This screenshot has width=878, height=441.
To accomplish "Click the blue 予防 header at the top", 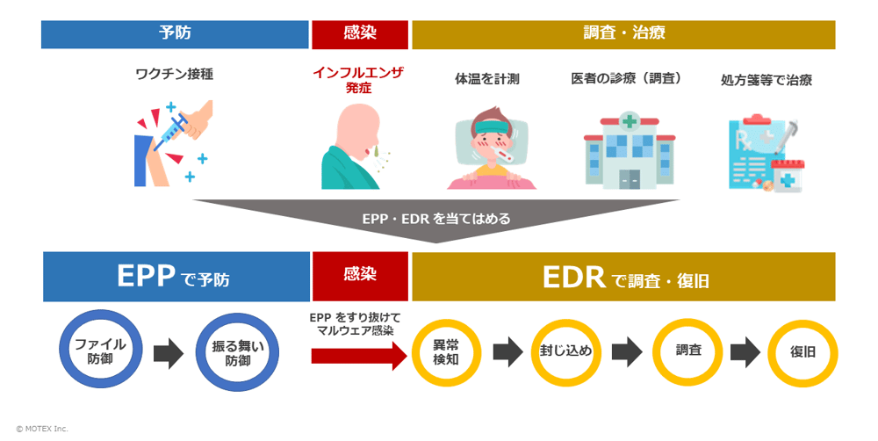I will pos(175,34).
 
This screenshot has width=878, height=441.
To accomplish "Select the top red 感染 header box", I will pos(360,34).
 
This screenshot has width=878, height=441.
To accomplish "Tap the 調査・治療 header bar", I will pos(623,34).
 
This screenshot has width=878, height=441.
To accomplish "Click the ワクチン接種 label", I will pos(174,75).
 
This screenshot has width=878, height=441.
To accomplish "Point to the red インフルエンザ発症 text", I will pos(358,80).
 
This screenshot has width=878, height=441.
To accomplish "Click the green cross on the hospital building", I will pos(630,119).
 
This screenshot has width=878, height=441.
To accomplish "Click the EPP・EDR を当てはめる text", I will pos(436,218).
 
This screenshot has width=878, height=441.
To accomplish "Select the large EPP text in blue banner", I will pos(145,277).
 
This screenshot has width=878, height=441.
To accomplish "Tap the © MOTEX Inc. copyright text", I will pos(41,429).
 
